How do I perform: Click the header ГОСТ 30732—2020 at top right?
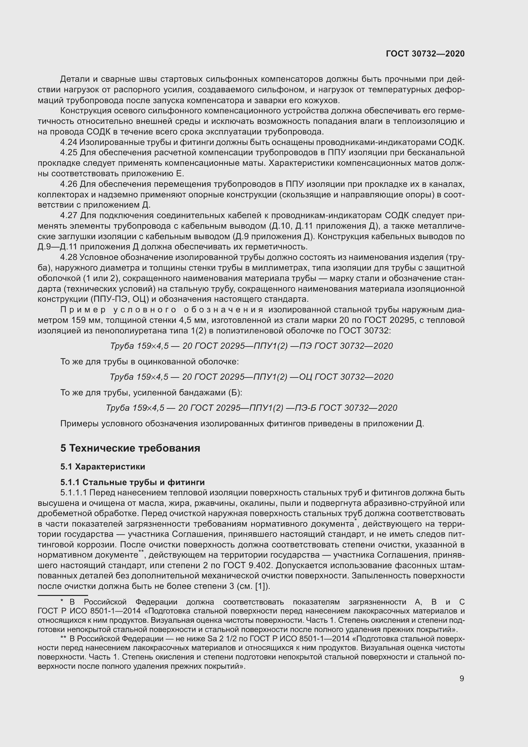coord(425,54)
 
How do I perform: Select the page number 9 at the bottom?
coord(462,678)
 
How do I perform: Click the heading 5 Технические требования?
coord(130,448)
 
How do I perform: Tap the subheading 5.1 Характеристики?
coord(103,467)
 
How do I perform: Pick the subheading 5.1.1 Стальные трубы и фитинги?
coord(132,482)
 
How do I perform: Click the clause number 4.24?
coord(69,142)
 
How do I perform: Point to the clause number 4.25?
coord(69,153)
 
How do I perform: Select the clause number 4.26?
coord(69,184)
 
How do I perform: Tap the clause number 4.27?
coord(69,215)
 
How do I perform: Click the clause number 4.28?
coord(69,257)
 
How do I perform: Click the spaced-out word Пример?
coord(83,310)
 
